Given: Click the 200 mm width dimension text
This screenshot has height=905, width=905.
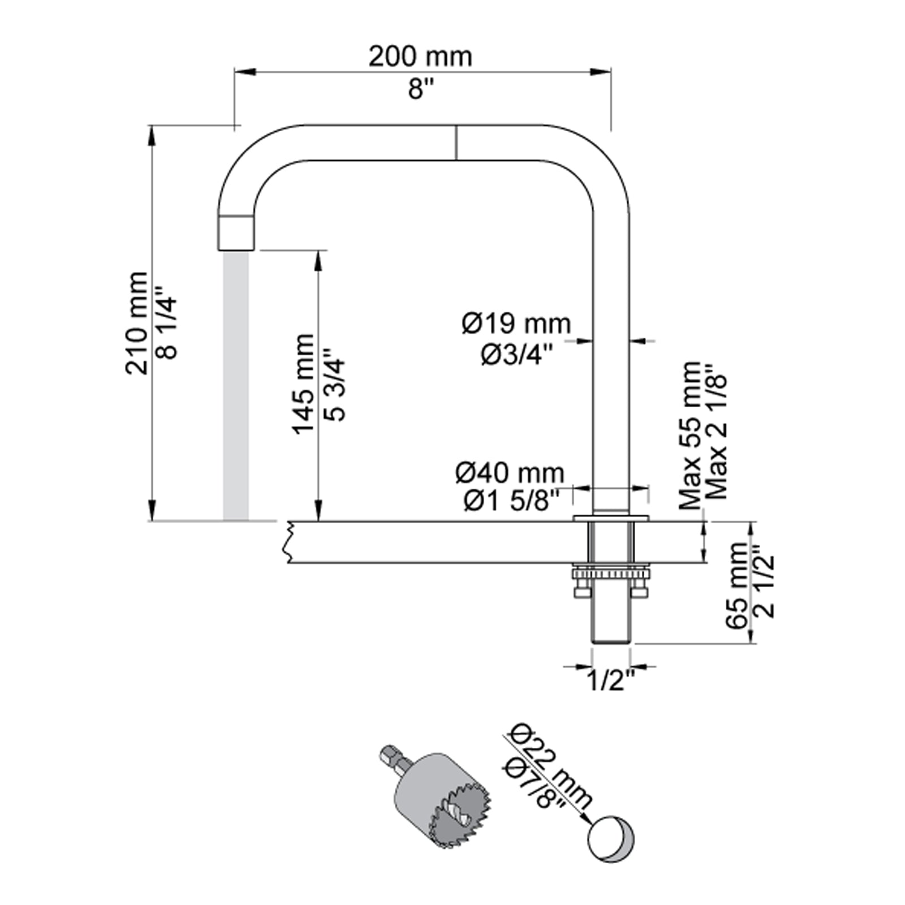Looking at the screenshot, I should click(420, 57).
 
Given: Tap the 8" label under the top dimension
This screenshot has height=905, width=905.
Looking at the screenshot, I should click(421, 89).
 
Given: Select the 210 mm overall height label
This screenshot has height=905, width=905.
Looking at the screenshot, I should click(137, 323).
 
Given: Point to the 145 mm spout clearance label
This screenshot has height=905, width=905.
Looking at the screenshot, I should click(304, 384).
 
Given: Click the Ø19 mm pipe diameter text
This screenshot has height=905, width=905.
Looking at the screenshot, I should click(516, 324).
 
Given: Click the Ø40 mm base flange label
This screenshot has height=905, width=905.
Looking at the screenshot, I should click(510, 473).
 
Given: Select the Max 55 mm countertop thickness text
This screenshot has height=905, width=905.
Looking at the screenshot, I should click(691, 436).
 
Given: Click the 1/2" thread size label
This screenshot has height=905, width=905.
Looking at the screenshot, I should click(611, 681).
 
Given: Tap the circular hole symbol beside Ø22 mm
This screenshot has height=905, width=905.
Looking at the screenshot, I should click(611, 839).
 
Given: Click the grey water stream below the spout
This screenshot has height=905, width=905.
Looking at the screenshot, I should click(236, 385).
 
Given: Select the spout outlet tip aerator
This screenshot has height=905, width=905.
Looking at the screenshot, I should click(236, 232).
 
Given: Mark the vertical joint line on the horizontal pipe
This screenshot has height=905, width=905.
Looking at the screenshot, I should click(456, 142).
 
